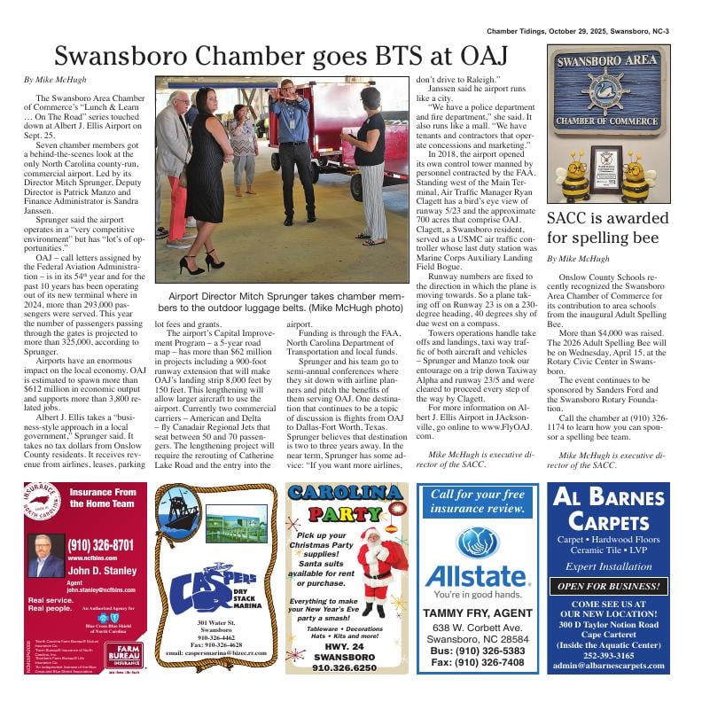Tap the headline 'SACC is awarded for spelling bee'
tap(607, 228)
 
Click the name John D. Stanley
tap(103, 571)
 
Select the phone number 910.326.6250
tap(344, 667)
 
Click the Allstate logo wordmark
tap(478, 576)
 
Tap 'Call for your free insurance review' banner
tap(478, 502)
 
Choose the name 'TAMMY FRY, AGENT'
tap(478, 613)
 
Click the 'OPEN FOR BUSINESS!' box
tap(607, 587)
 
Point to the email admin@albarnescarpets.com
tap(607, 664)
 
